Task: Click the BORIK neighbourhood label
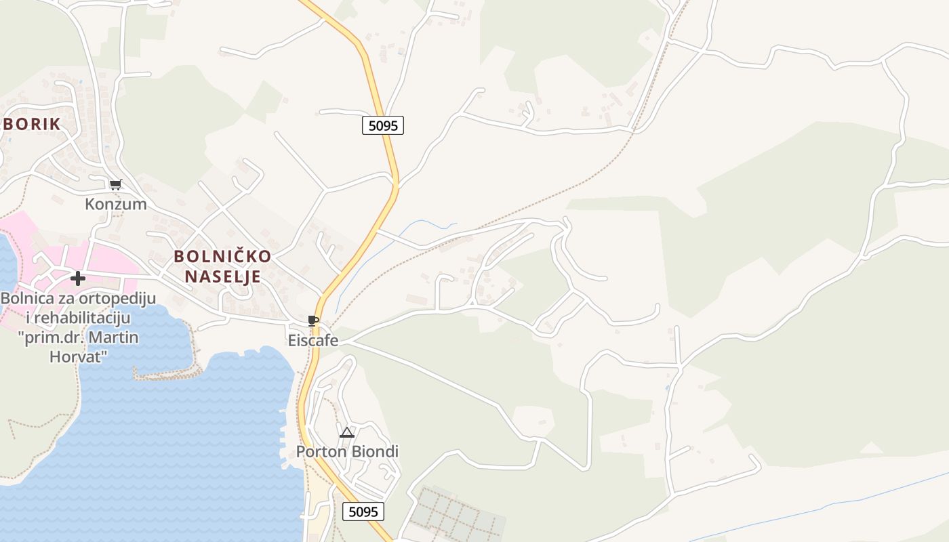point(33,124)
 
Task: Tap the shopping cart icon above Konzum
point(116,184)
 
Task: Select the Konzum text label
point(116,204)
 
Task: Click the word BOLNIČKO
point(222,257)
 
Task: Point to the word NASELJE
point(223,276)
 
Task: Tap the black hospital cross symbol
point(78,278)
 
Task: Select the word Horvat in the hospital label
point(79,356)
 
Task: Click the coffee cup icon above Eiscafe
point(312,320)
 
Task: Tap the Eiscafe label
point(313,340)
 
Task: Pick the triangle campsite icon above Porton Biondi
point(347,432)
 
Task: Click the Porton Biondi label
point(347,452)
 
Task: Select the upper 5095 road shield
point(383,125)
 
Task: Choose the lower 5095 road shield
point(363,512)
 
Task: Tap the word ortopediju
point(114,299)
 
